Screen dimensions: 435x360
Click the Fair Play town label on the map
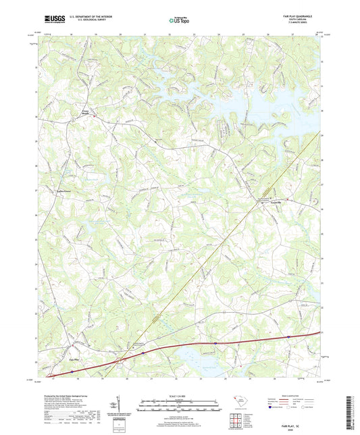(x=76, y=359)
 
